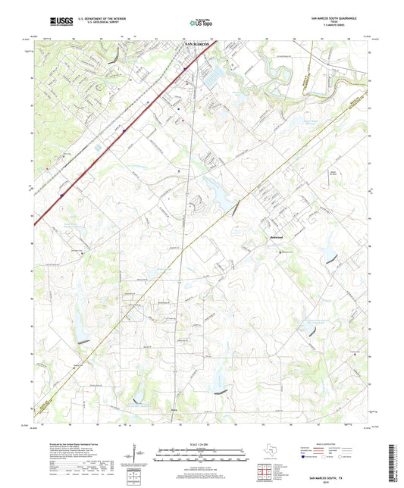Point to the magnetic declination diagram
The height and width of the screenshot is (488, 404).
tap(134, 454)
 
